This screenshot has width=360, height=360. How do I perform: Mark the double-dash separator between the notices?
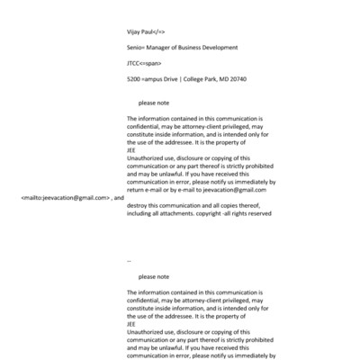click(x=129, y=260)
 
